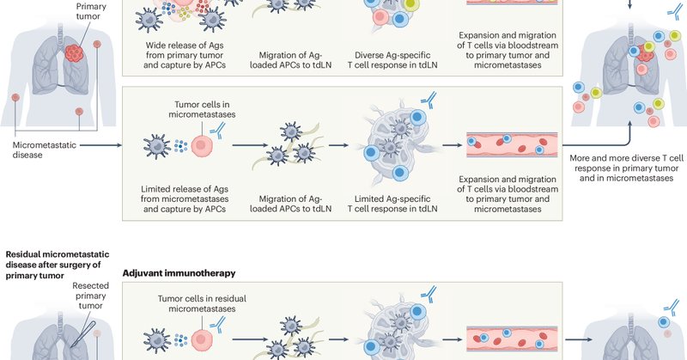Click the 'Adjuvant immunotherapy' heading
pos(179,272)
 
